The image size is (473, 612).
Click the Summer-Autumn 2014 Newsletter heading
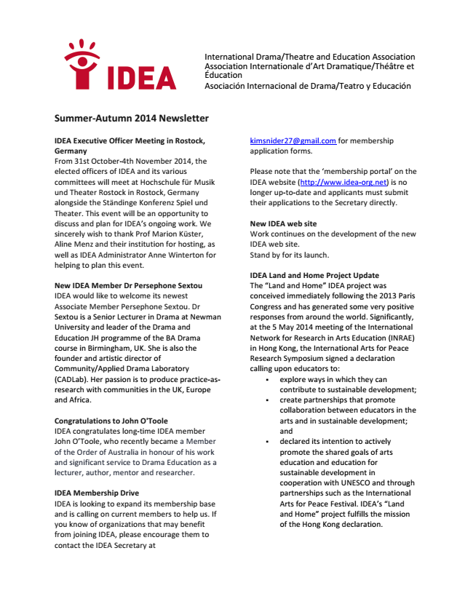pyautogui.click(x=131, y=118)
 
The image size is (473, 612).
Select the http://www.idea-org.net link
pyautogui.click(x=342, y=181)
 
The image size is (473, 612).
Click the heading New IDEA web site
pyautogui.click(x=283, y=223)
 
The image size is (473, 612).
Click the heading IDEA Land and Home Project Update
pyautogui.click(x=314, y=276)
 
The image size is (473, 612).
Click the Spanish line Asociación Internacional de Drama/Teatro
pyautogui.click(x=307, y=86)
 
